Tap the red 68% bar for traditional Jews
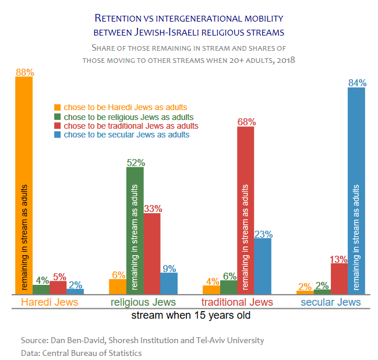tap(246, 210)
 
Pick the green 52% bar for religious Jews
tap(135, 230)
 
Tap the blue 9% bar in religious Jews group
tap(169, 283)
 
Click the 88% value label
tap(24, 73)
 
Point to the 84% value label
tap(356, 83)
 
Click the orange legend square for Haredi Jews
tap(57, 107)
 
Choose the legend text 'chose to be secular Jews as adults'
tap(126, 135)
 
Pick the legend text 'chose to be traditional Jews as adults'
tap(131, 126)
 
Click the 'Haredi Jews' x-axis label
tap(50, 302)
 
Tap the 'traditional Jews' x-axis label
tap(236, 302)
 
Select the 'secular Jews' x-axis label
tap(330, 302)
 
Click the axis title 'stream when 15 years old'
tap(190, 316)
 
